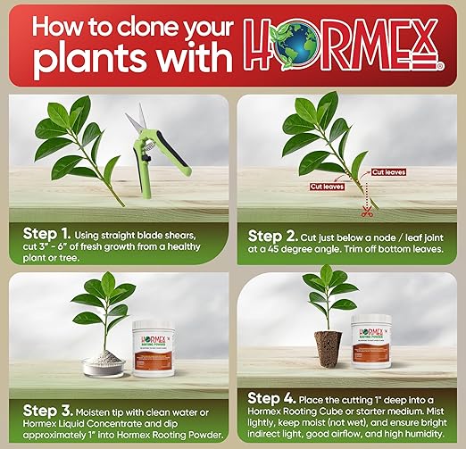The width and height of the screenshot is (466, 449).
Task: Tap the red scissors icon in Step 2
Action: [x=365, y=212]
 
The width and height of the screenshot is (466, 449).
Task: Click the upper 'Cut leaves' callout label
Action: [x=390, y=171]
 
